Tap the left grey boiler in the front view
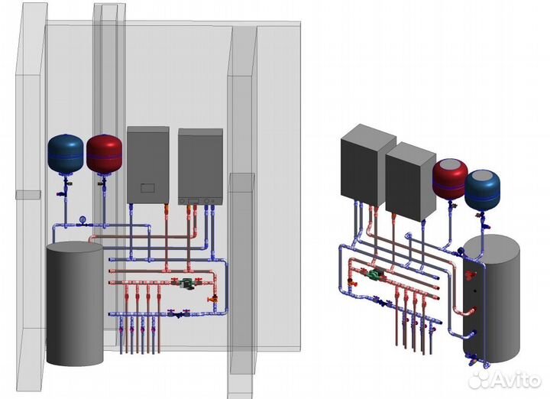[147, 164]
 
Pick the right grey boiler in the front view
[200, 167]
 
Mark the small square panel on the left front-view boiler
[148, 187]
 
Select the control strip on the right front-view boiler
[200, 203]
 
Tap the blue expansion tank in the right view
[483, 190]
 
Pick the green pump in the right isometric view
[375, 277]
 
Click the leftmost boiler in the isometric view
[367, 164]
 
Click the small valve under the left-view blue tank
[68, 184]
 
